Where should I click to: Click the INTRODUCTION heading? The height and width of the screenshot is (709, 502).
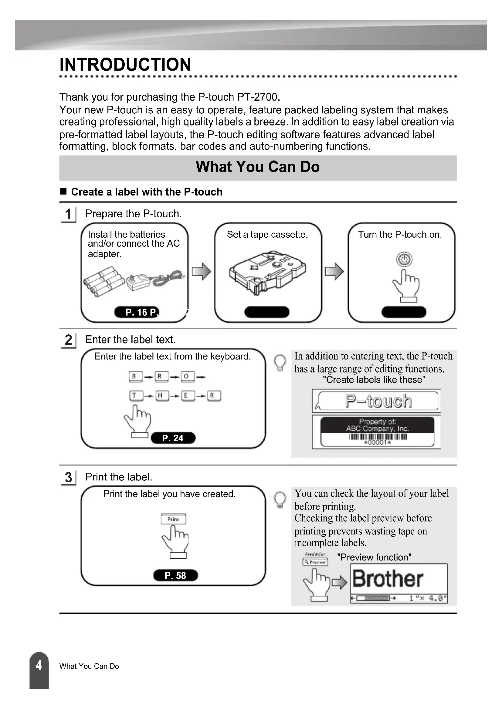coord(125,65)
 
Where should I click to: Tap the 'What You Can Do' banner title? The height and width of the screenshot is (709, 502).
coord(257,167)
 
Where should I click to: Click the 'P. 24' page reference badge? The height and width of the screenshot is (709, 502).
coord(173,438)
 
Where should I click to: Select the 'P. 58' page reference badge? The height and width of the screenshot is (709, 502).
coord(175,575)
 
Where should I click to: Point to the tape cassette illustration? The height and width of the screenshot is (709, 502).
coord(267,272)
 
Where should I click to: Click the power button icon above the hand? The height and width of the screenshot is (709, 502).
coord(404,259)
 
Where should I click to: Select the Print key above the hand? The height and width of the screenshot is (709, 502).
coord(173,519)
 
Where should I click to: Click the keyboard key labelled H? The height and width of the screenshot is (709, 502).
coord(160,395)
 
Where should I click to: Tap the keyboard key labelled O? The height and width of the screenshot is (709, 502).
coord(186,376)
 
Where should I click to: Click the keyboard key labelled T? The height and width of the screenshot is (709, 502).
coord(134,395)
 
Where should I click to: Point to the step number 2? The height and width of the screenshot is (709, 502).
coord(68,340)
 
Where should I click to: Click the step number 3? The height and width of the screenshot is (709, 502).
coord(68,477)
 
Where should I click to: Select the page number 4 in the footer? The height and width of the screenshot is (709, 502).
coord(39,665)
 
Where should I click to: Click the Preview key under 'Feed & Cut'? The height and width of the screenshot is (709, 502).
coord(315,562)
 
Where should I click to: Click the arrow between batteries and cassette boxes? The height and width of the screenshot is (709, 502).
coord(201,271)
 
